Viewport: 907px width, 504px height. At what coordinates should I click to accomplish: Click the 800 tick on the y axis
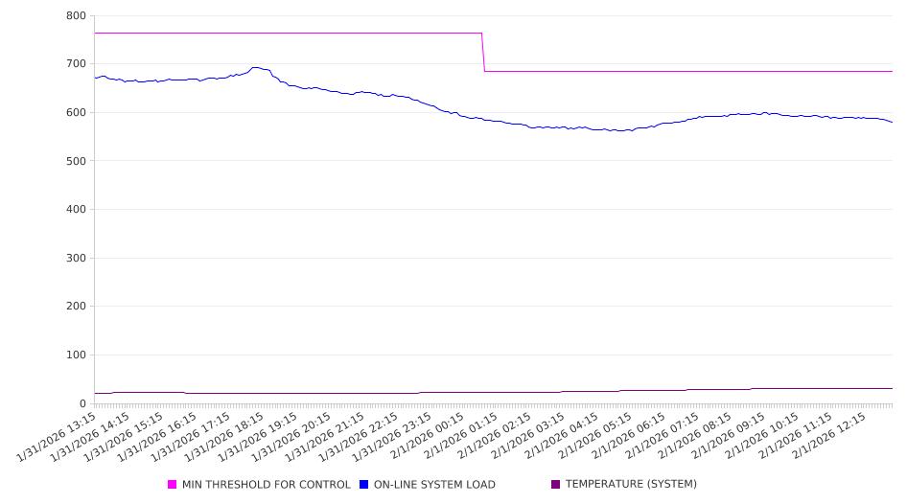click(76, 15)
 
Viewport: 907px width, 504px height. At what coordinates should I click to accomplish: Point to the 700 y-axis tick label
click(76, 64)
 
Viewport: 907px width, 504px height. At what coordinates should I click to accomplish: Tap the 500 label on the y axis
click(76, 161)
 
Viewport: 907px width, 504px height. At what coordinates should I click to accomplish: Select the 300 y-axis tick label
click(76, 258)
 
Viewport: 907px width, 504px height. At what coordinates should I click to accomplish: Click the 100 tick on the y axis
click(76, 355)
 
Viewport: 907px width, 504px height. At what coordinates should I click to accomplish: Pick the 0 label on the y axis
click(83, 403)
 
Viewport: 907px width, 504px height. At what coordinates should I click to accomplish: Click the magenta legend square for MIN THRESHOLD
click(173, 485)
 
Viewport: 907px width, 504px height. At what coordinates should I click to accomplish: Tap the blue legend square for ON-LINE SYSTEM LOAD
click(364, 485)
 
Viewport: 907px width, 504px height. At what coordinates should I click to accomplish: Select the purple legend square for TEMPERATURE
click(556, 485)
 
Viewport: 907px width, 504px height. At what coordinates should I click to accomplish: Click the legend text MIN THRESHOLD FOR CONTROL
click(267, 485)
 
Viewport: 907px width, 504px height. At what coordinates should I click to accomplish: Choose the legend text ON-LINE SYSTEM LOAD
click(434, 485)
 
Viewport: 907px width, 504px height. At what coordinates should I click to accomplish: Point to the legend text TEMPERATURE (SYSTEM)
click(631, 485)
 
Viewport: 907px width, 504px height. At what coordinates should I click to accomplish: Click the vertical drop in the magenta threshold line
click(483, 52)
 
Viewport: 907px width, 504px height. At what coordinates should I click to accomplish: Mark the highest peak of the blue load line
click(256, 68)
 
